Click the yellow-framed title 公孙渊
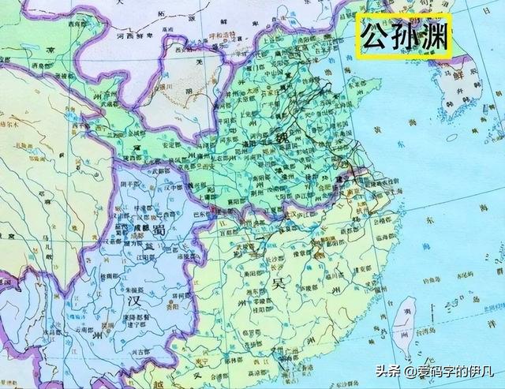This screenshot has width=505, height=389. (404, 36)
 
